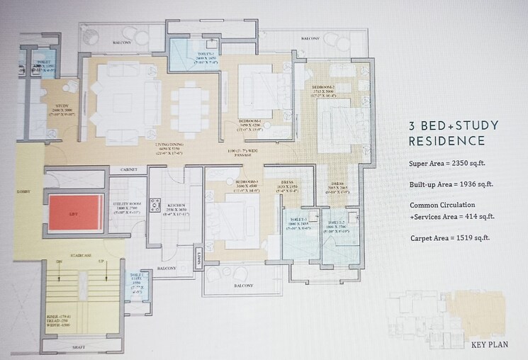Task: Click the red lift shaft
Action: click(75, 212)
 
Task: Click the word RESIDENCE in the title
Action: click(446, 141)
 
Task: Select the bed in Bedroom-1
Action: click(259, 90)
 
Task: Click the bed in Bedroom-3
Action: click(235, 215)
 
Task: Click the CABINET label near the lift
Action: click(128, 170)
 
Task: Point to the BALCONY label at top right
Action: click(310, 39)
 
